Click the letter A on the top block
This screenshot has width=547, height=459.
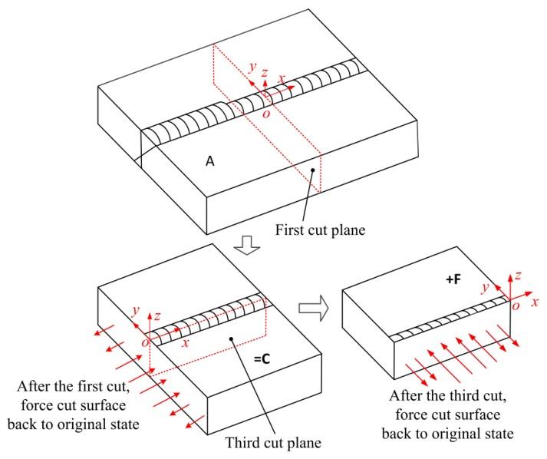(x=209, y=161)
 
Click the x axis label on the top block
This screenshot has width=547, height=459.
(x=284, y=78)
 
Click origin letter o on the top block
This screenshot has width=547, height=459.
(x=266, y=113)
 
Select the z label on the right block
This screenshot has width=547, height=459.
(x=519, y=274)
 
